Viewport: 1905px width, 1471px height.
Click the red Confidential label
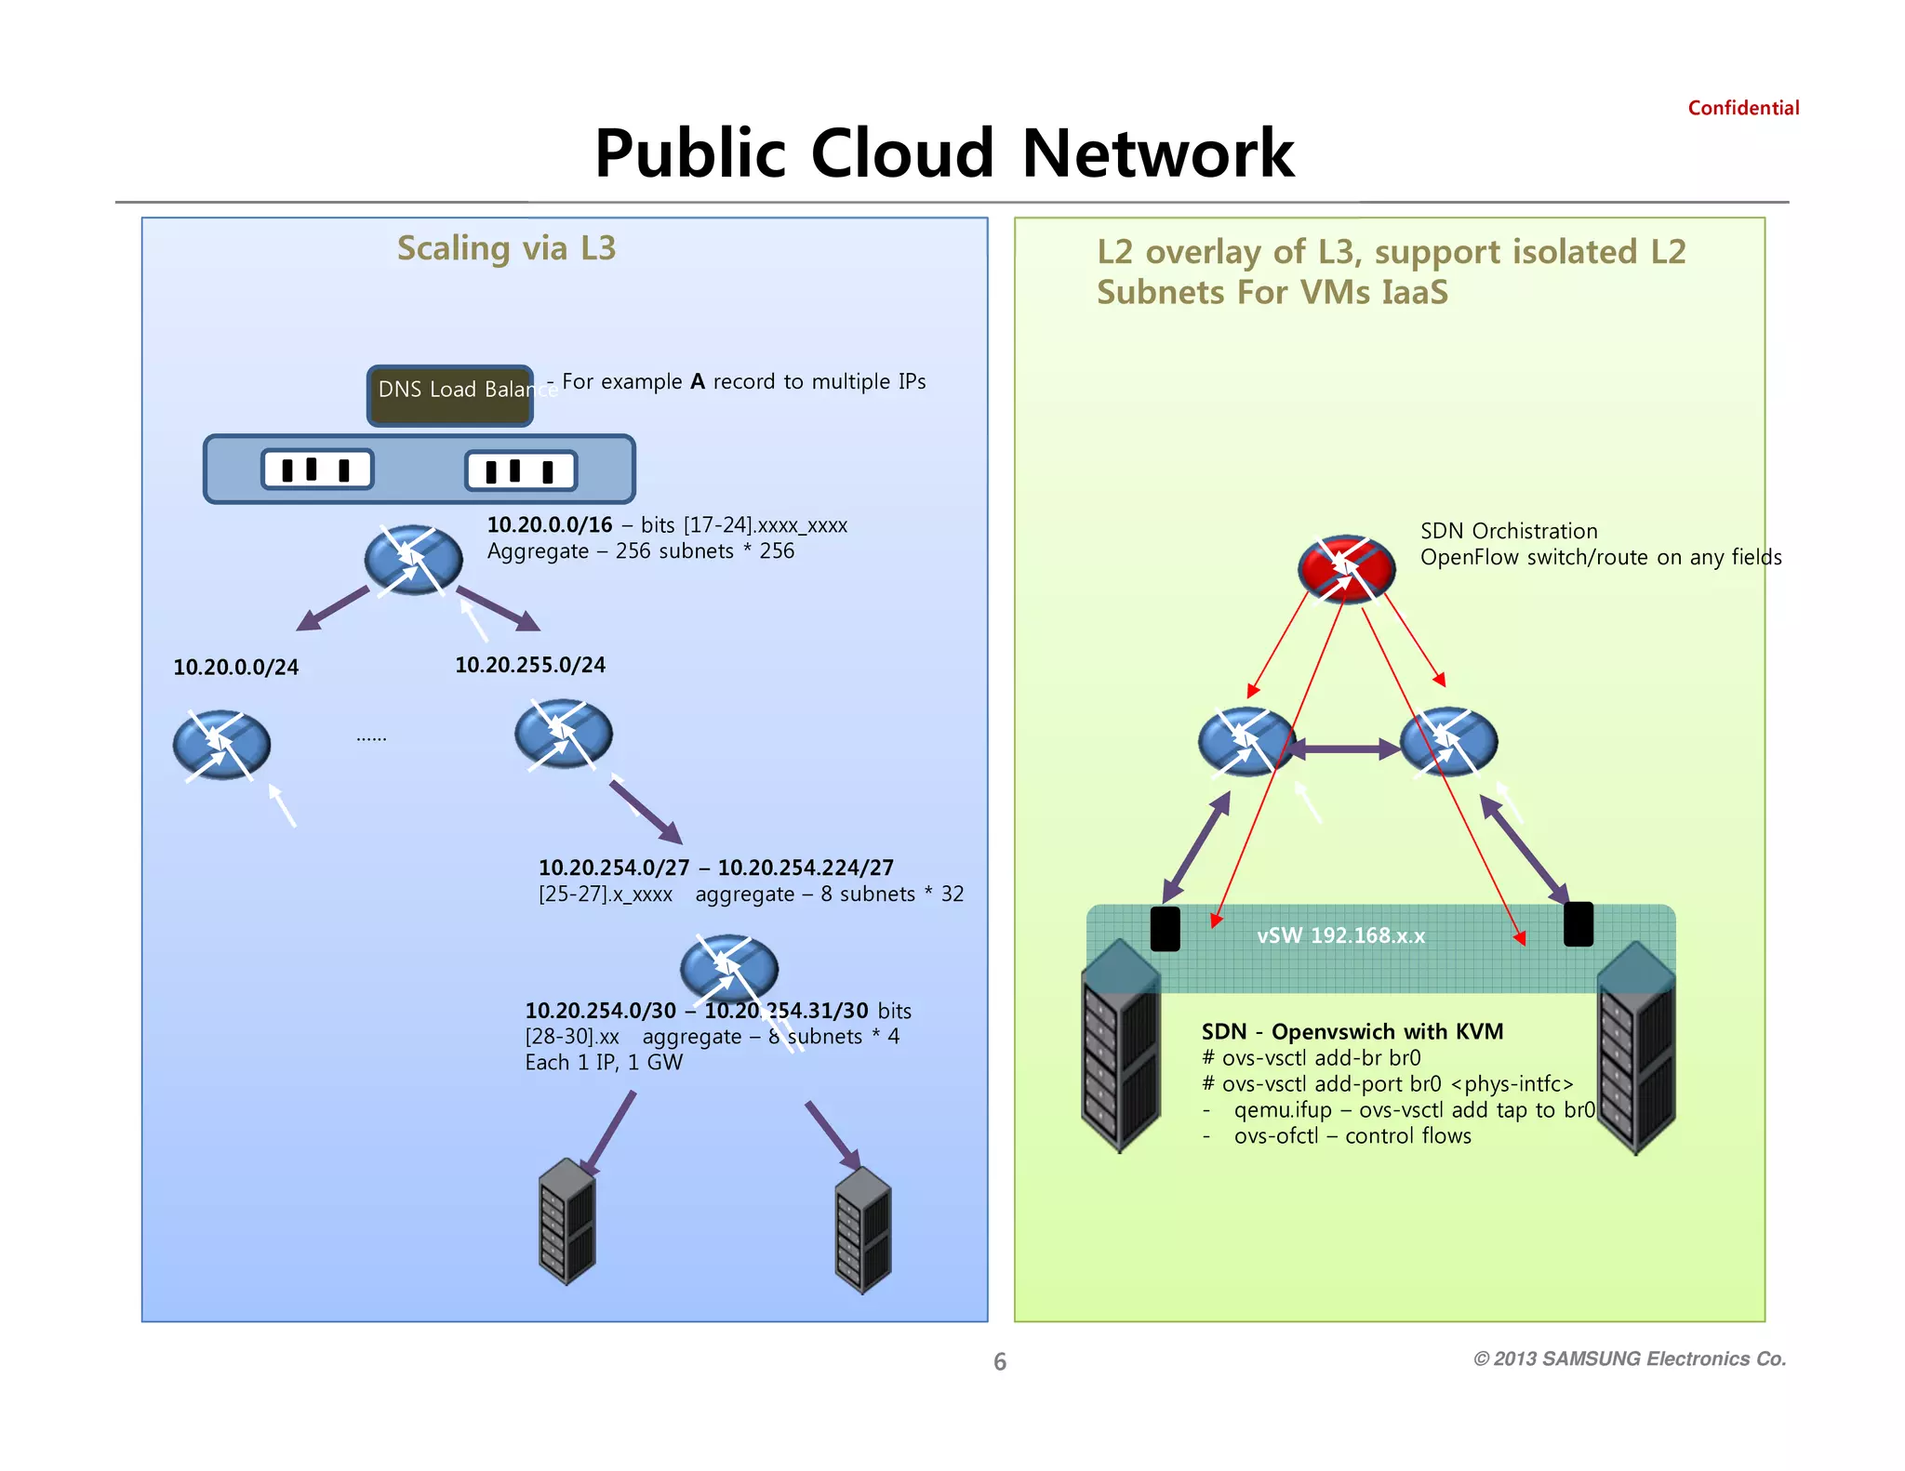pos(1742,108)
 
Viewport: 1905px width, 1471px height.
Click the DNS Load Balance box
pos(450,395)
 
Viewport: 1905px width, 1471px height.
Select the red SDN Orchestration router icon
pos(1345,568)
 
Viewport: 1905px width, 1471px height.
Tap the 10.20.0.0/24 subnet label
pos(235,667)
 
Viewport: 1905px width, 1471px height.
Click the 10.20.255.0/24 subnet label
pos(529,665)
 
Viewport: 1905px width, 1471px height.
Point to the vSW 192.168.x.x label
pos(1340,935)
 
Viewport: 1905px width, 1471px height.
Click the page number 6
pos(999,1361)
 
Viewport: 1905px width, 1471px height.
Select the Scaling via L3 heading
pos(506,248)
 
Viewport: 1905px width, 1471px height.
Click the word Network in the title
pos(1157,153)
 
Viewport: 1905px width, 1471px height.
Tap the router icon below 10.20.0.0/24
pos(221,745)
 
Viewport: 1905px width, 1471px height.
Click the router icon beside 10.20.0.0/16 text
pos(413,560)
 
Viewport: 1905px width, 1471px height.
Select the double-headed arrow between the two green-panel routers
pos(1344,749)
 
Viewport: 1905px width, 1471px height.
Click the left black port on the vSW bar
pos(1165,929)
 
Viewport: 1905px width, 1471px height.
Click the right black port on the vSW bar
pos(1578,924)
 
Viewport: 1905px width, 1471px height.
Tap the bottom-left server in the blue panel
pos(566,1221)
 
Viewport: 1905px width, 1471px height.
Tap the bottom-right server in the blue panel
pos(862,1229)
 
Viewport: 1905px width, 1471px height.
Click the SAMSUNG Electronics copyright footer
pos(1629,1358)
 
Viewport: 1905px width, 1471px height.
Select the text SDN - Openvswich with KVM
pos(1352,1031)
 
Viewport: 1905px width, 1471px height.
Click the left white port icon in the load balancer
pos(317,469)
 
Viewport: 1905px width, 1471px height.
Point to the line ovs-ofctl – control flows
pos(1352,1135)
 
